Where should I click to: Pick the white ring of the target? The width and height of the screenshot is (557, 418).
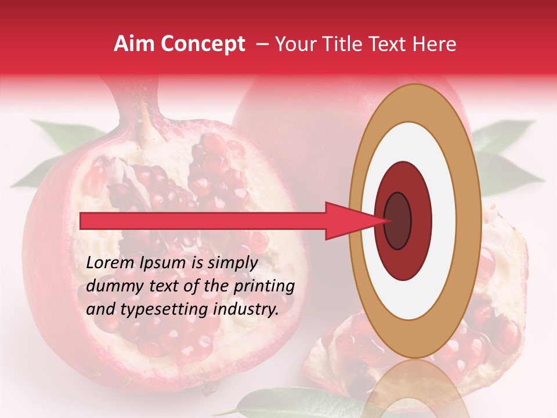415,290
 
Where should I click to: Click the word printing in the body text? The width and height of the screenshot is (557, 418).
263,286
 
